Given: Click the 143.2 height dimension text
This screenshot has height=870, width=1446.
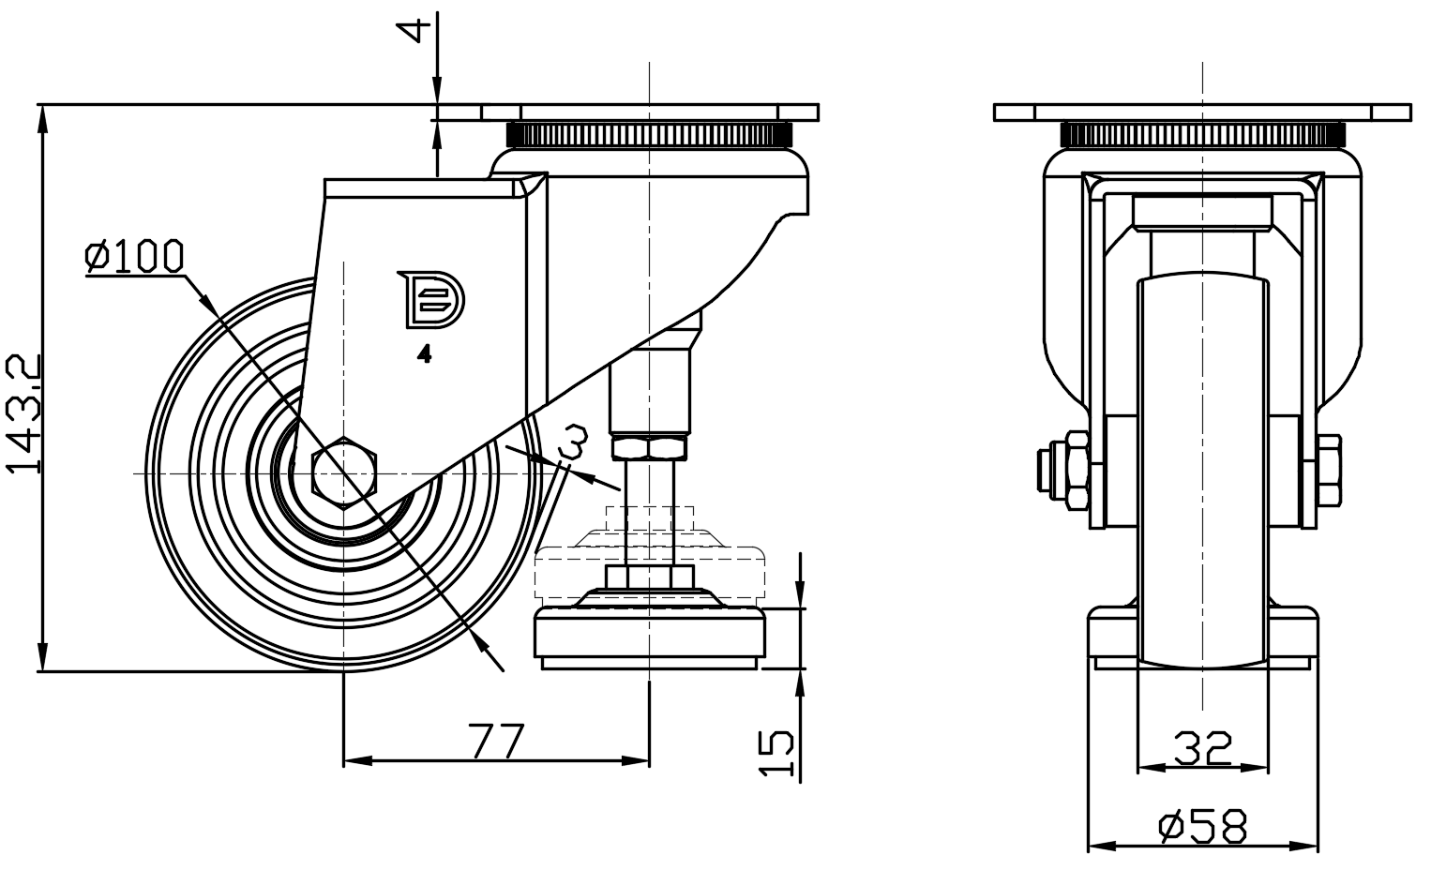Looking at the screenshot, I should (23, 412).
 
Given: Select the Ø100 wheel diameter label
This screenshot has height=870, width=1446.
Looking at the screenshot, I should (134, 256).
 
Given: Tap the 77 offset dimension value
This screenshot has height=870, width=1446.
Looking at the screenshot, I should (496, 742).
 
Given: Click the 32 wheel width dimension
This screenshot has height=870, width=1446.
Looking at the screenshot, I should (1202, 749).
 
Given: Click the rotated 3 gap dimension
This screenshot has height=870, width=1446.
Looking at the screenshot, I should (574, 442).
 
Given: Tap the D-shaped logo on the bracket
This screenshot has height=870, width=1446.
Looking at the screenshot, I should (431, 300).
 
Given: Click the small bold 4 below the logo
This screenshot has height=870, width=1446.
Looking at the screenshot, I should (425, 354).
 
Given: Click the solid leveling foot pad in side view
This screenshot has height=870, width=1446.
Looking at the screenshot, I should (650, 637).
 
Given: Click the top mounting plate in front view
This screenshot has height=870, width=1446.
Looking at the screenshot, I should (1202, 112).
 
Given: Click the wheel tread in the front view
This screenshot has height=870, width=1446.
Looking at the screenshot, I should (1202, 469).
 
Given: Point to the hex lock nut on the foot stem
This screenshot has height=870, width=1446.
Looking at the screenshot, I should (649, 446).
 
